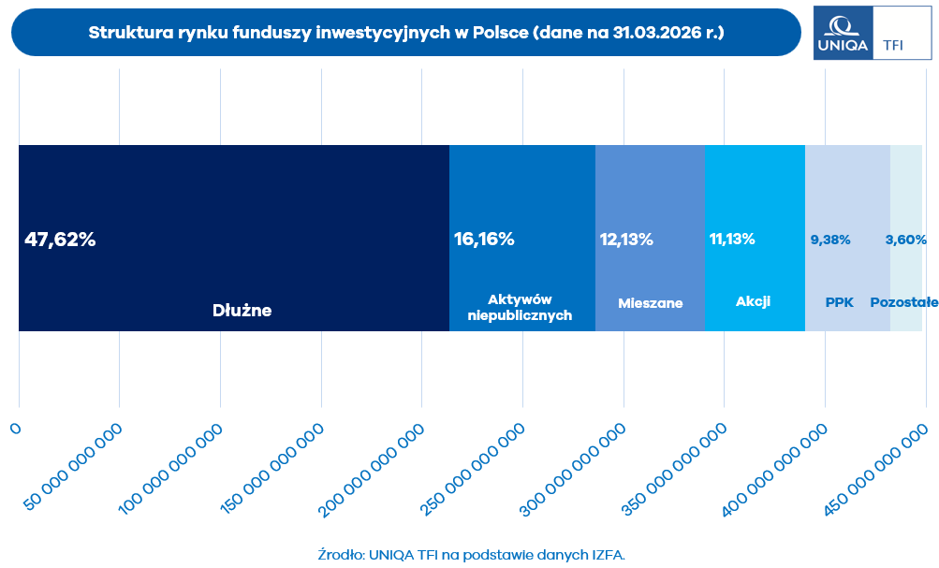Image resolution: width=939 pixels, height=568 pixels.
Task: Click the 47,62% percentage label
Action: click(60, 240)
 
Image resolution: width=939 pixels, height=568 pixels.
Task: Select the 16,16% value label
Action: click(484, 240)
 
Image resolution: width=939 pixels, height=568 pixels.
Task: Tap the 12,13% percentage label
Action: click(626, 240)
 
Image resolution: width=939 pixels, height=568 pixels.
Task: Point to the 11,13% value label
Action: click(732, 240)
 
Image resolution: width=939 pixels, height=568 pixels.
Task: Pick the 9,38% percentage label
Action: click(830, 240)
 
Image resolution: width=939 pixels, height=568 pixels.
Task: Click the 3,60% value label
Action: click(905, 240)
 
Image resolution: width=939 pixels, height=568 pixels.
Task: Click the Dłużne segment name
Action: click(242, 311)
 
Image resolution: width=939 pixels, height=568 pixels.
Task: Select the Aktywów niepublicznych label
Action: click(520, 307)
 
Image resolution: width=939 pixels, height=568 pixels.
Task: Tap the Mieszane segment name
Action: click(651, 303)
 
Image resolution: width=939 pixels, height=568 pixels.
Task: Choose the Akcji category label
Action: click(753, 301)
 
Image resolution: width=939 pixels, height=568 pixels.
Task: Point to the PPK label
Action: click(840, 302)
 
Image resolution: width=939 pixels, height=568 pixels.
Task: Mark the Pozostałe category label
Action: click(904, 302)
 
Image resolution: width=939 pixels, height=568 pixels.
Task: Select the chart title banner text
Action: click(405, 33)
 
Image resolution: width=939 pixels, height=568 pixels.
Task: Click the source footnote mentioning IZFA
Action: click(471, 554)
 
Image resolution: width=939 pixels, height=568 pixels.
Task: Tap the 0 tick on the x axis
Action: click(16, 428)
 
